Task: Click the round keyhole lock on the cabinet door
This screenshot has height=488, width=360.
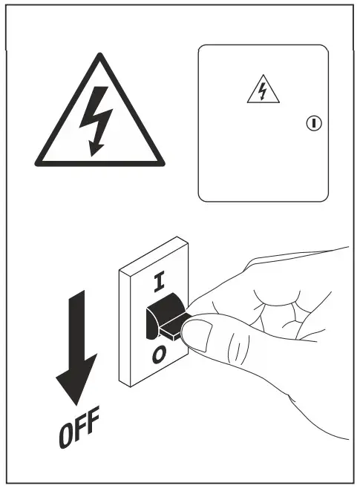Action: point(312,122)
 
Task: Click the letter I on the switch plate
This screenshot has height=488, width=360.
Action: point(157,280)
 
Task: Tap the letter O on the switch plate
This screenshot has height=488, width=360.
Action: point(158,356)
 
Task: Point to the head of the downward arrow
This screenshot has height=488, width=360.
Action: point(76,378)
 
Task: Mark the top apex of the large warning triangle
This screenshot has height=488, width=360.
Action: point(99,56)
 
